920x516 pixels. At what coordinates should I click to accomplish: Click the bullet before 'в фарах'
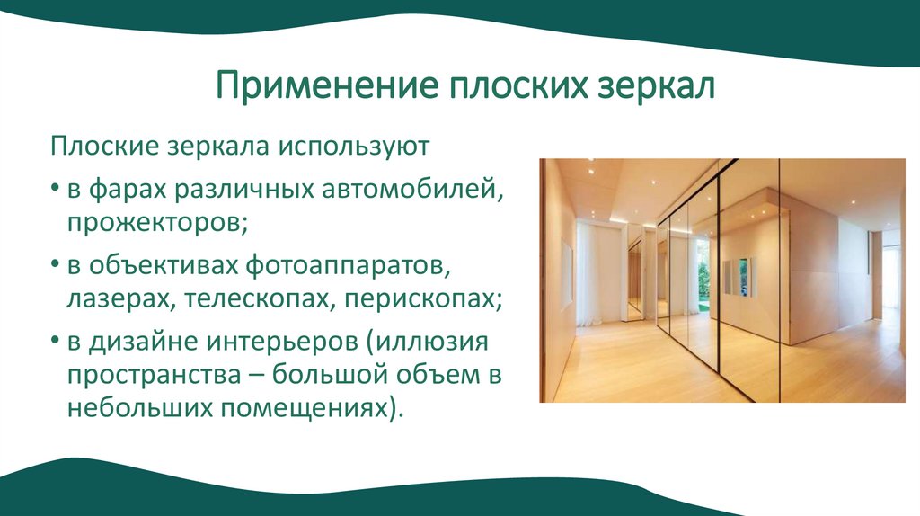pos(56,191)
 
